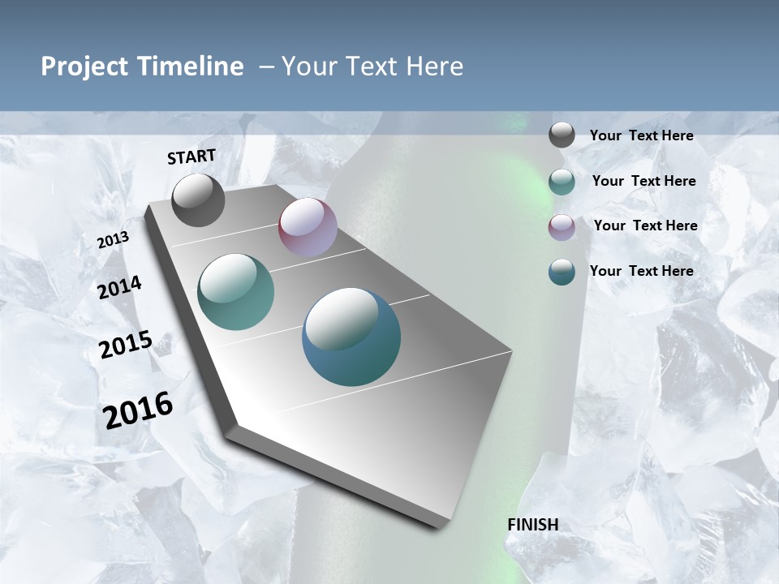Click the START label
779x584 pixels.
[x=192, y=157]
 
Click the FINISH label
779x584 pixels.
[x=532, y=525]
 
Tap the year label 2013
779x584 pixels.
[x=113, y=240]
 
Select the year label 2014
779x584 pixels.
[x=119, y=287]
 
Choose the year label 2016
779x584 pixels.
[x=138, y=410]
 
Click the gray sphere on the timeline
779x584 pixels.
[x=198, y=200]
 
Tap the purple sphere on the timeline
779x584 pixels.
[x=308, y=227]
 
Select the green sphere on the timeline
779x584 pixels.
[x=236, y=292]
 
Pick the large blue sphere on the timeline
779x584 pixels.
[x=351, y=337]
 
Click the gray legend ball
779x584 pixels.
[x=562, y=135]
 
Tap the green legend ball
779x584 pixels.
[x=562, y=182]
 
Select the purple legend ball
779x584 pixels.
[x=562, y=227]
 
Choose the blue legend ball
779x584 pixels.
[x=562, y=272]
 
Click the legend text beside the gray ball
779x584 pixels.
[x=641, y=135]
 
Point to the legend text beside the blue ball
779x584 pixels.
[x=641, y=271]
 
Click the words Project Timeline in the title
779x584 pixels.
[x=142, y=67]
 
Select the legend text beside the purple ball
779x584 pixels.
[x=645, y=225]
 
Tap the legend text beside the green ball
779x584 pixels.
[x=643, y=181]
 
